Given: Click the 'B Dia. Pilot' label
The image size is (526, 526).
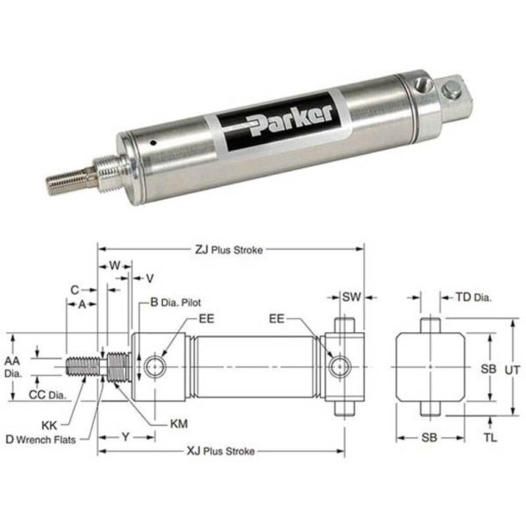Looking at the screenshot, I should coord(176,303).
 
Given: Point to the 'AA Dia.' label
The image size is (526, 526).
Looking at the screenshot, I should coord(11,366).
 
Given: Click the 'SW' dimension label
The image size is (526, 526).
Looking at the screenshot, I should coord(350,297).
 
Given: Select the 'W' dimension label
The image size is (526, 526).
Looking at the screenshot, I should coord(114,266).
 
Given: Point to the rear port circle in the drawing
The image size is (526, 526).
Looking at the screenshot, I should coord(339,367).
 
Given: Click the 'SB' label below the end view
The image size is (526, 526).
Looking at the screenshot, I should coord(429,437).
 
